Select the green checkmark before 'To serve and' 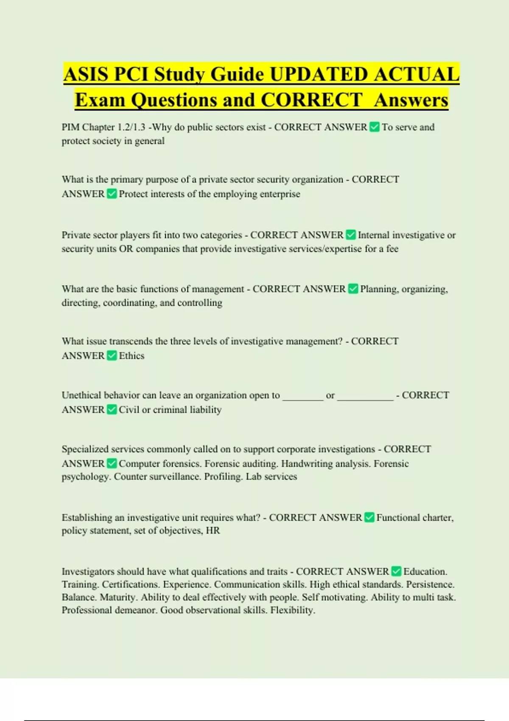(x=375, y=127)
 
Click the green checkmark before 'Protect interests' (x=112, y=194)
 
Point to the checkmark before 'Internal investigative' (x=351, y=235)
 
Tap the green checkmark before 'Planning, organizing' (x=353, y=289)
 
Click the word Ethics (x=131, y=356)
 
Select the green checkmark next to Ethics (x=112, y=355)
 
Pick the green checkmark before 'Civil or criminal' (x=112, y=409)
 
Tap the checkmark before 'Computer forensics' (x=112, y=463)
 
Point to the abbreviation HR (x=213, y=531)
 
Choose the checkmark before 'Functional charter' (x=369, y=517)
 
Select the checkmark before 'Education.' (x=396, y=571)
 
